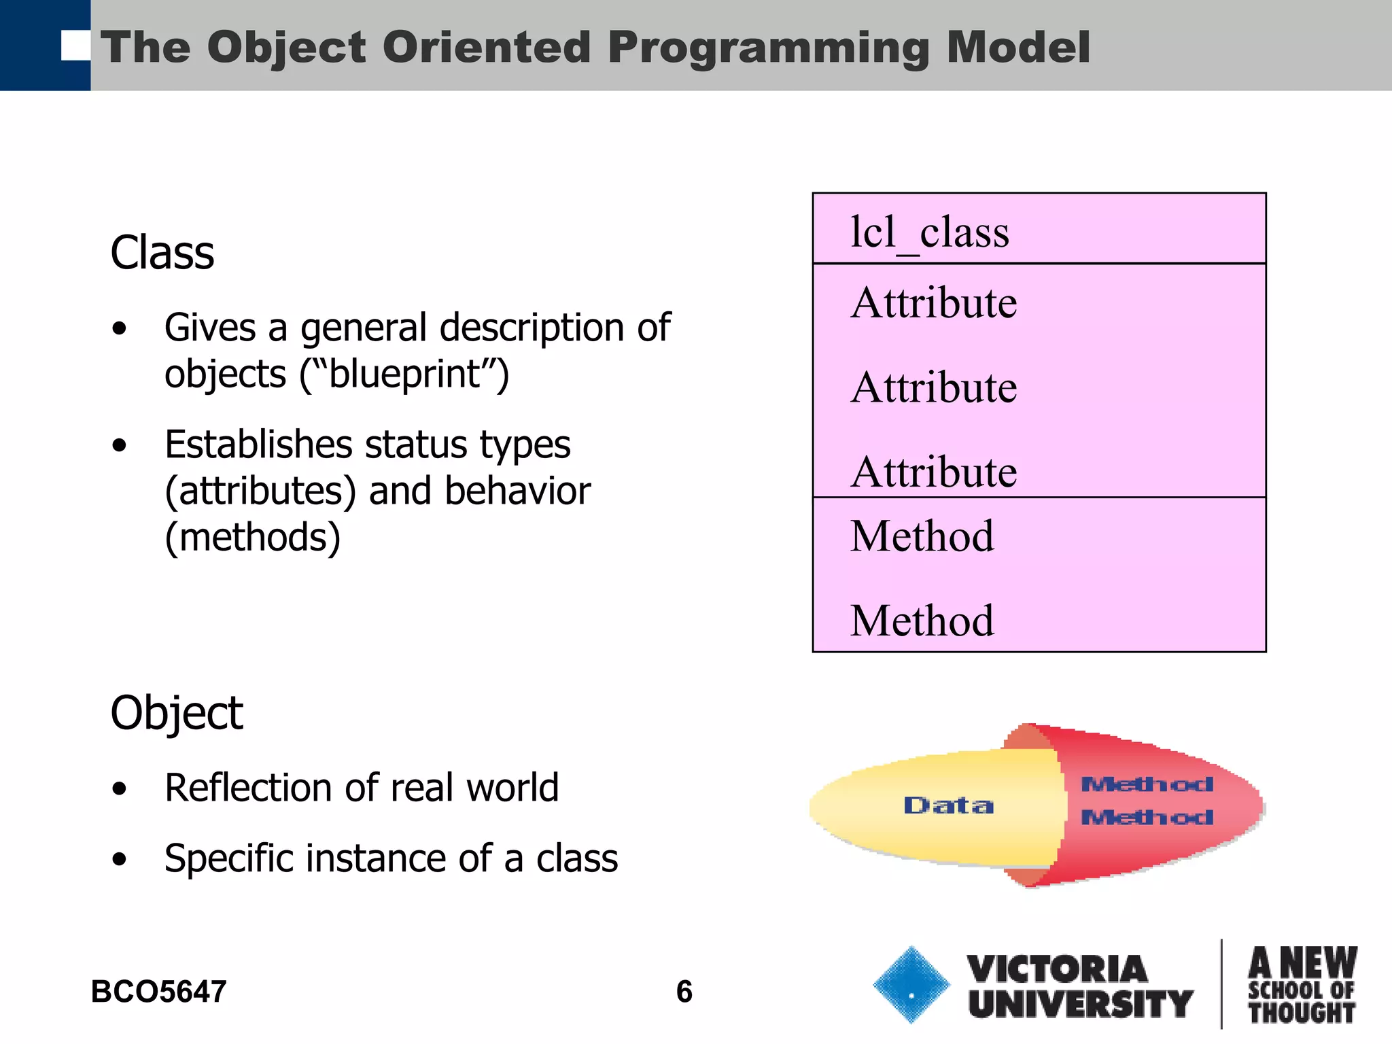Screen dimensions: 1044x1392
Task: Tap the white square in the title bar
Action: coord(75,46)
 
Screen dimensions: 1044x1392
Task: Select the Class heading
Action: coord(162,253)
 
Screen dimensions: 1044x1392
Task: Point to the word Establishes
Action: coord(258,445)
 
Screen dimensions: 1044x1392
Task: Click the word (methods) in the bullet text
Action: coord(252,538)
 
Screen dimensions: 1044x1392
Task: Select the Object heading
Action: coord(176,713)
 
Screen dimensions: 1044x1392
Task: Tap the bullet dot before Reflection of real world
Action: coord(120,789)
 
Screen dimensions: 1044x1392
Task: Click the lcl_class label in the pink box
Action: coord(929,233)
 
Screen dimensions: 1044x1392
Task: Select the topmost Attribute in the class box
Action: coord(934,303)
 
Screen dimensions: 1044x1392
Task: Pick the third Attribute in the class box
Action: coord(934,472)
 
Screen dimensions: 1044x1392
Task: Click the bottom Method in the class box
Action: coord(922,621)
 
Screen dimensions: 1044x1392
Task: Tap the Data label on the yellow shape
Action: coord(948,805)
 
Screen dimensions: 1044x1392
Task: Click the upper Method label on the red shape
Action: coord(1147,784)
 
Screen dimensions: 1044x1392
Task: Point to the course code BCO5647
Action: coord(158,992)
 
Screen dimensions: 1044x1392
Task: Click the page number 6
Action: coord(684,992)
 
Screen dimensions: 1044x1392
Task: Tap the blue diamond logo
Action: coord(911,984)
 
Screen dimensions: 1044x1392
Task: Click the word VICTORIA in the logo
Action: coord(1057,969)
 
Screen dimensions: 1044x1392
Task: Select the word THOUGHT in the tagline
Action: coord(1302,1013)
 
